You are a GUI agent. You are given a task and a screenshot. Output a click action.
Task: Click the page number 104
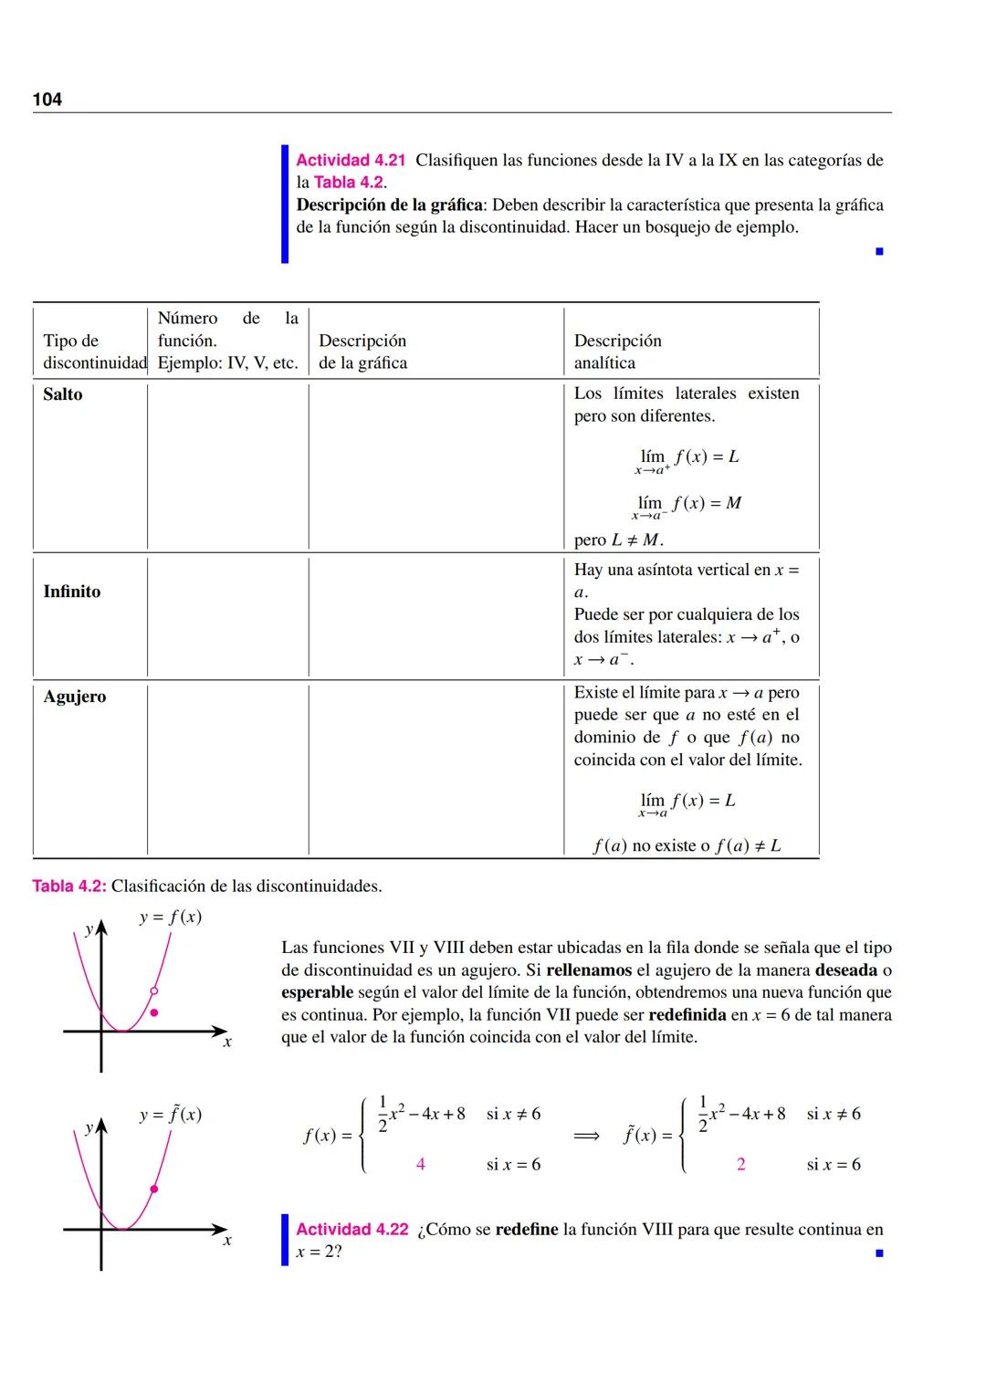tap(47, 100)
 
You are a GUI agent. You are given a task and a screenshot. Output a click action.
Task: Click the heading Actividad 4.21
tap(351, 161)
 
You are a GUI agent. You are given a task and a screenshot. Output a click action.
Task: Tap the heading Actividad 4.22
tap(352, 1230)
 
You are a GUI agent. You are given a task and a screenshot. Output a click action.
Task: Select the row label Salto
tap(63, 394)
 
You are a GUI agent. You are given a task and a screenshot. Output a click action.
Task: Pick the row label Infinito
tap(72, 592)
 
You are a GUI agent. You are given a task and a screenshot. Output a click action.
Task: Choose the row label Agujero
tap(75, 697)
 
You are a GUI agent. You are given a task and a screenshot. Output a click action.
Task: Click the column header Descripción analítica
tap(617, 351)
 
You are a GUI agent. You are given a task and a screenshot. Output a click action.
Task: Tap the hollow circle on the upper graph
tap(154, 990)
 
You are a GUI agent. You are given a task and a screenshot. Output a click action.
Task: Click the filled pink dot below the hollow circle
tap(154, 1012)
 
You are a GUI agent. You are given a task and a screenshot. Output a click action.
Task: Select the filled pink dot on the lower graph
tap(153, 1189)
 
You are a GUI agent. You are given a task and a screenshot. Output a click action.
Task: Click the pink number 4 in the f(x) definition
tap(420, 1165)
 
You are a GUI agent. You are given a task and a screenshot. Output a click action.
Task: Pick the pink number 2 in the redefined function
tap(740, 1165)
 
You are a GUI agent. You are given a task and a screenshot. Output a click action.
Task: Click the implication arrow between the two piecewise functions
tap(586, 1136)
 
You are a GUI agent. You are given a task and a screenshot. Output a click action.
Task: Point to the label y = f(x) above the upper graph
tap(171, 917)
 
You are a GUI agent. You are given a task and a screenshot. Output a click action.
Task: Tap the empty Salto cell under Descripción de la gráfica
tap(435, 466)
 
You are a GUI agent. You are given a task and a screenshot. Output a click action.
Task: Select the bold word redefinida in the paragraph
tap(687, 1015)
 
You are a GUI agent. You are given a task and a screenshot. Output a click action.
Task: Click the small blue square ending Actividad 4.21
tap(879, 251)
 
